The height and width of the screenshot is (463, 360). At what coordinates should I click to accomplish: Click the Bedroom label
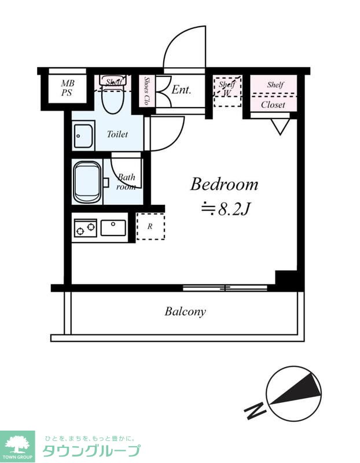pos(224,184)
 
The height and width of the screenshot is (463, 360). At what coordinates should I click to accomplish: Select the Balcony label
pos(185,311)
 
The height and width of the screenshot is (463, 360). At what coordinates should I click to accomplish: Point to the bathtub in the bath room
pos(87,182)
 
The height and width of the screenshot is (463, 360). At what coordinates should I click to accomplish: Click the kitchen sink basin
pos(113,227)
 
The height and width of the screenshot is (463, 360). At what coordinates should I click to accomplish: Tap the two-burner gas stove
pos(85,227)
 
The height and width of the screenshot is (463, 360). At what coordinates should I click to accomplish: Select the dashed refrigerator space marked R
pos(150,226)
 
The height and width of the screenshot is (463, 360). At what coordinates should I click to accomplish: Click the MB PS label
pos(68,88)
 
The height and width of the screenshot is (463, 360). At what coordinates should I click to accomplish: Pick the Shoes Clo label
pos(146,91)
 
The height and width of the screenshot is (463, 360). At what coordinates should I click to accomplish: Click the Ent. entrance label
pos(181,90)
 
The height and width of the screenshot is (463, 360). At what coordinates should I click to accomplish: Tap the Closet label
pos(273,105)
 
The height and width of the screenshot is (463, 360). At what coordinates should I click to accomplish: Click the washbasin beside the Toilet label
pos(83,136)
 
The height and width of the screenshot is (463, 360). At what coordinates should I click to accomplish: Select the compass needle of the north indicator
pos(296,389)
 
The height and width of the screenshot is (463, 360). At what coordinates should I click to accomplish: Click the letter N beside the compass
pos(255,410)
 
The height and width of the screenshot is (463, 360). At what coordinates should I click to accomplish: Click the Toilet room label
pos(117,134)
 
